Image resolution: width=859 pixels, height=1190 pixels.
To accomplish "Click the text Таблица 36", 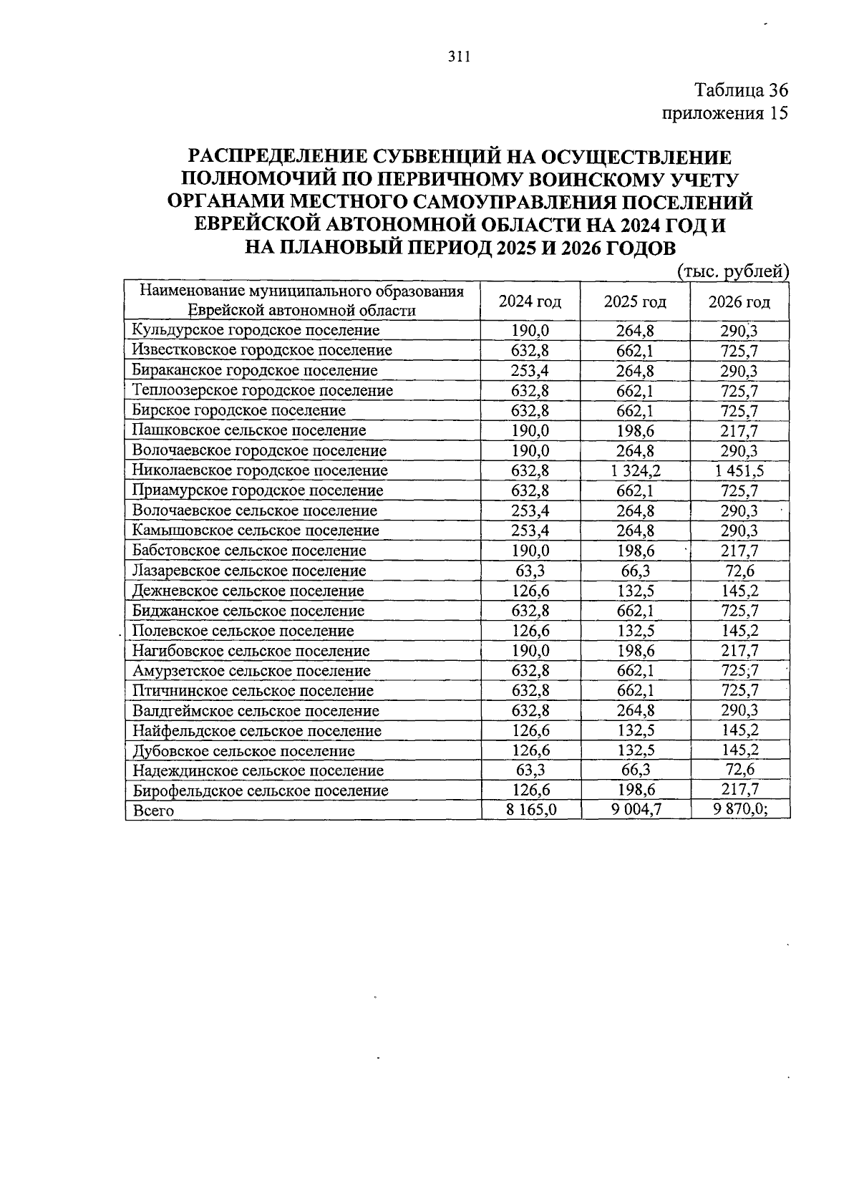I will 741,90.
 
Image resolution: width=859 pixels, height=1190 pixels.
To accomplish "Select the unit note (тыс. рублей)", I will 732,271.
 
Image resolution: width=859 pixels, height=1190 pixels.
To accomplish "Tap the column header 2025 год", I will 635,301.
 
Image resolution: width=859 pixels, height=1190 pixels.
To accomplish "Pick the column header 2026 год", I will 739,301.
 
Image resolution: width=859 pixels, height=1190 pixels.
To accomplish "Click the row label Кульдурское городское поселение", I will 256,330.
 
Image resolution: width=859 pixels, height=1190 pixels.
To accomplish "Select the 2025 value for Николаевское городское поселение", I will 635,470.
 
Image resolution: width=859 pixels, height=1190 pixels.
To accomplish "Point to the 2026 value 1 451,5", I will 739,470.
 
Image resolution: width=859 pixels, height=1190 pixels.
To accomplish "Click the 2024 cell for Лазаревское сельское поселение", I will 530,571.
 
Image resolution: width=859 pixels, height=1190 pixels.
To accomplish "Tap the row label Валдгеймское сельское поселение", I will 256,711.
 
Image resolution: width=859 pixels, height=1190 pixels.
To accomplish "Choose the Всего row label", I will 153,811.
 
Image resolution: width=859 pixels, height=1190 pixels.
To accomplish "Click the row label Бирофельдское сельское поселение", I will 261,790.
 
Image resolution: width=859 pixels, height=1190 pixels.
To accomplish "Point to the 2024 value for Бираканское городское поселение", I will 530,370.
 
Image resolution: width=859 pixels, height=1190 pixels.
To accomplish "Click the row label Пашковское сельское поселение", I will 249,430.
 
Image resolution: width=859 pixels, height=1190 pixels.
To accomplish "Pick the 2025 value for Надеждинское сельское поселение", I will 635,770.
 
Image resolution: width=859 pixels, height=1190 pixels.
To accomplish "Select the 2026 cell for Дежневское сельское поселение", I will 739,591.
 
